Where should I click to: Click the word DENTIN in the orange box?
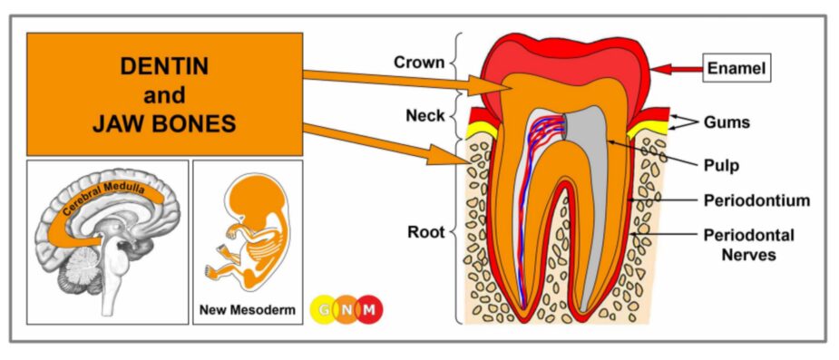coord(164,66)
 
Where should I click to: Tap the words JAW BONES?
coord(164,124)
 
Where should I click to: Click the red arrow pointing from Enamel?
coord(677,69)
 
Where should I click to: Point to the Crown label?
coord(419,63)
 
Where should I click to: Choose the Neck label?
coord(425,115)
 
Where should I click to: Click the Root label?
coord(426,233)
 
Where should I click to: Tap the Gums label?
coord(727,122)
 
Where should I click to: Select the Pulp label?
coord(721,165)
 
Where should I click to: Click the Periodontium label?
coord(756,201)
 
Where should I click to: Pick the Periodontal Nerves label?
coord(748,245)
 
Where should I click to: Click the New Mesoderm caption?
coord(248,310)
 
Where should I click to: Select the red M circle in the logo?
coord(368,310)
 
